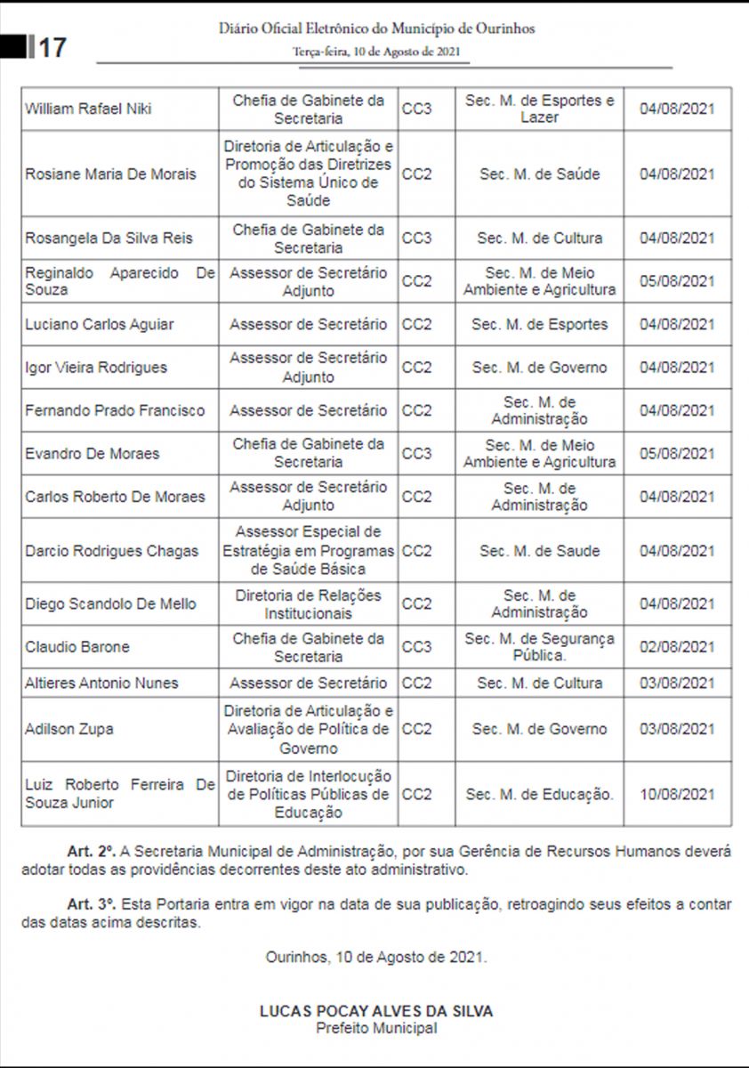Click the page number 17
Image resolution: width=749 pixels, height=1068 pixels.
52,47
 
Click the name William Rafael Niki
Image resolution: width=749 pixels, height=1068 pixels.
88,109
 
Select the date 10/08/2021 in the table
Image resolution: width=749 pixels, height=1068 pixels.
677,794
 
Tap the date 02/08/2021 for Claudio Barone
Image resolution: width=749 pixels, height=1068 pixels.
677,647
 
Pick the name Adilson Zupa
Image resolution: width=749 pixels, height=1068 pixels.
69,729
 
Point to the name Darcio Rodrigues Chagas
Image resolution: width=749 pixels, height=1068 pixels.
112,551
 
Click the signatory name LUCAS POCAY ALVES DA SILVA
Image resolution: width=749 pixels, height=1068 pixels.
376,1011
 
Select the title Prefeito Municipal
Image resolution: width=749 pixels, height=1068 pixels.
376,1028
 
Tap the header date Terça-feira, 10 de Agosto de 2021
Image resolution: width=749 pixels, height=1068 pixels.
376,52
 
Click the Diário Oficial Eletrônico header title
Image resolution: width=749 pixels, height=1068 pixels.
376,28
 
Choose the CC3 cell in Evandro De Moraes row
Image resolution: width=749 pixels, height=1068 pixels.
416,453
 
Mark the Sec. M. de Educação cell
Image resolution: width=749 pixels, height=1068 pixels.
539,794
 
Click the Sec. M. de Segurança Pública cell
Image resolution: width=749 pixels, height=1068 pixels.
539,647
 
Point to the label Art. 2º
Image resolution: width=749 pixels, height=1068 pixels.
92,852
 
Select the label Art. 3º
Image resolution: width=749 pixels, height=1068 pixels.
92,904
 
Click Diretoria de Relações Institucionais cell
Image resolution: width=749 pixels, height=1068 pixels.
308,603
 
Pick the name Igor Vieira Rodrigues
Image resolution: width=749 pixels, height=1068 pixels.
96,368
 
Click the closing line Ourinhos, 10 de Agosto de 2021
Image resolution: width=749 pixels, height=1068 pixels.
376,958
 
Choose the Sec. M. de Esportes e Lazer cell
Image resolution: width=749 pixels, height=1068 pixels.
539,109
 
